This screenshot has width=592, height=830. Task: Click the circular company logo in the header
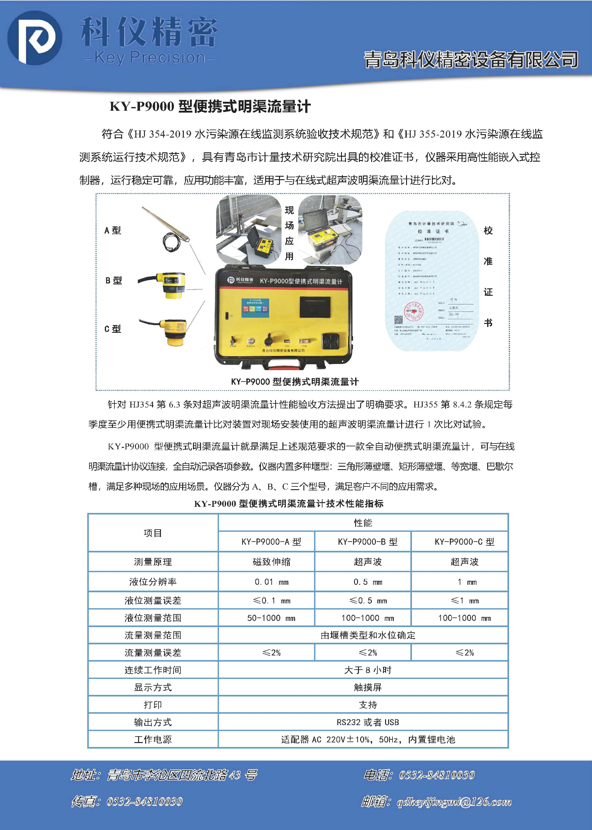coord(35,38)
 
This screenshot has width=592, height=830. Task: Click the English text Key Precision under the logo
coord(150,58)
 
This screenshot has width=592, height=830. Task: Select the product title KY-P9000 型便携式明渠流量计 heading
coord(210,106)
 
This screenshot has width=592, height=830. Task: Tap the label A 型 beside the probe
coord(112,230)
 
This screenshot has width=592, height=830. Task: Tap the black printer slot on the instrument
coord(316,307)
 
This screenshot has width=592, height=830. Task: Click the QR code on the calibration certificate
coord(398,320)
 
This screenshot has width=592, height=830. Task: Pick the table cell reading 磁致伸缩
coord(272,562)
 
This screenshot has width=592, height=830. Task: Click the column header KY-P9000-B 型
coord(368,542)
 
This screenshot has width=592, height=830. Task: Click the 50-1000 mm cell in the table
coord(272,618)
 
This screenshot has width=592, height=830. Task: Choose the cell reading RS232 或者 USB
coord(368,722)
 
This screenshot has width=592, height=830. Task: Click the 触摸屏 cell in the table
coord(368,688)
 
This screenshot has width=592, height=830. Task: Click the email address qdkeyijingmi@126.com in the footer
coord(454,802)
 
